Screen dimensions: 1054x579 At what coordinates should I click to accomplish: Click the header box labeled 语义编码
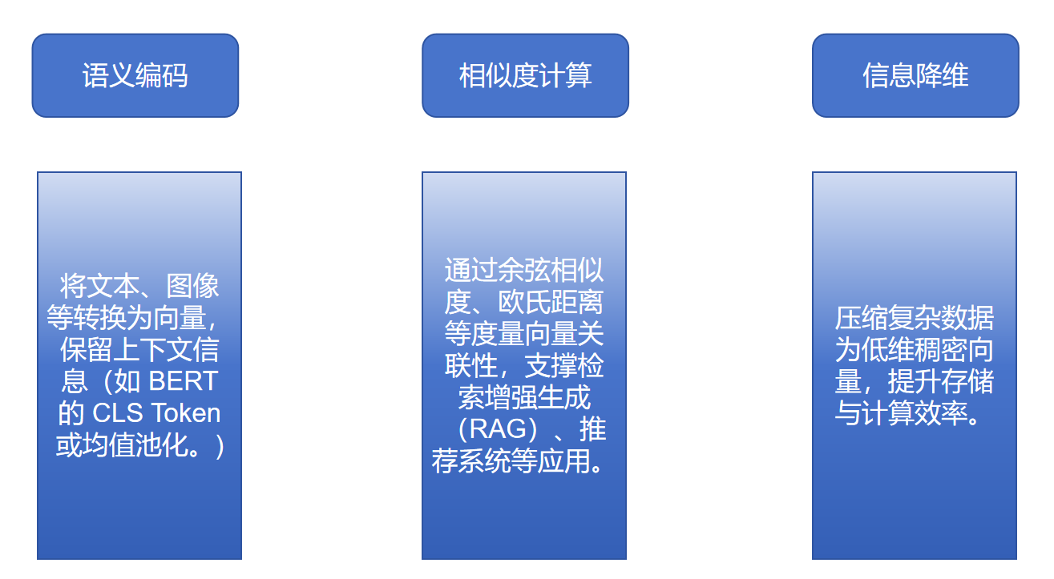coord(135,75)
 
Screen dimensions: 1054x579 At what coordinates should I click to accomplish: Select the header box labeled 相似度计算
coord(525,75)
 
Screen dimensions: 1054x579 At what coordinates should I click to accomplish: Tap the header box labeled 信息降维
coord(915,75)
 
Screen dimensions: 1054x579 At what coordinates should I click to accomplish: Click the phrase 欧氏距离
coord(564,303)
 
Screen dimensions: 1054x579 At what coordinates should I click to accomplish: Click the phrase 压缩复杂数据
coord(915,319)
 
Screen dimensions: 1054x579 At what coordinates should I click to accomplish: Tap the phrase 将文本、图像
coord(139,286)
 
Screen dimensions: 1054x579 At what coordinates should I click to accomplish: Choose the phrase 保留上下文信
coord(139,350)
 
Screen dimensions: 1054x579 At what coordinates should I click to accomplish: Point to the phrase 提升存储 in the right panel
coord(941,382)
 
